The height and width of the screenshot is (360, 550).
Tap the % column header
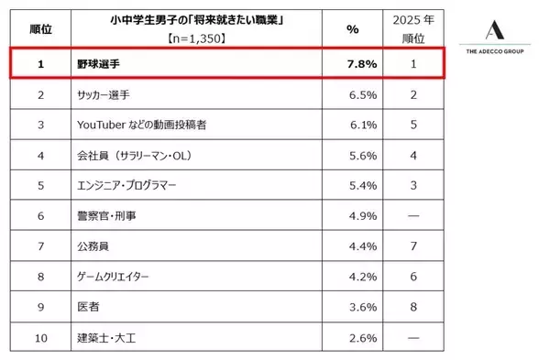click(x=351, y=29)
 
